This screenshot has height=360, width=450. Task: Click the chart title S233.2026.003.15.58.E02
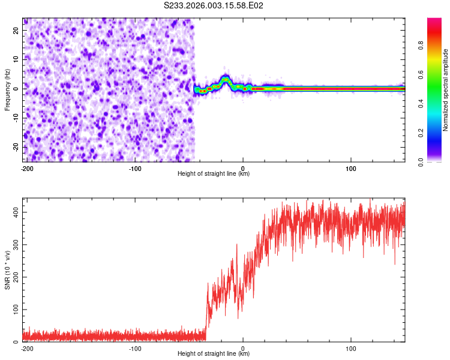point(214,5)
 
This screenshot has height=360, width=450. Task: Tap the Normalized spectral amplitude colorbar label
point(446,91)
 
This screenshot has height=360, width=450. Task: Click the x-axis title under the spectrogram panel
point(214,173)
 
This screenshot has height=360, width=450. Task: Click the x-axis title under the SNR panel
point(214,353)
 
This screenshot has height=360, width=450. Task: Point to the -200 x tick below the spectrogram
point(26,168)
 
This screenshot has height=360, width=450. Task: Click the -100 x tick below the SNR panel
point(135,348)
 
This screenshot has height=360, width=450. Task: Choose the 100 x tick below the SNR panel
point(351,348)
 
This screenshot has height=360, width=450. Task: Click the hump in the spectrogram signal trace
point(225,79)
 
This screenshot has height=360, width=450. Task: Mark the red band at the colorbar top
point(434,24)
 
